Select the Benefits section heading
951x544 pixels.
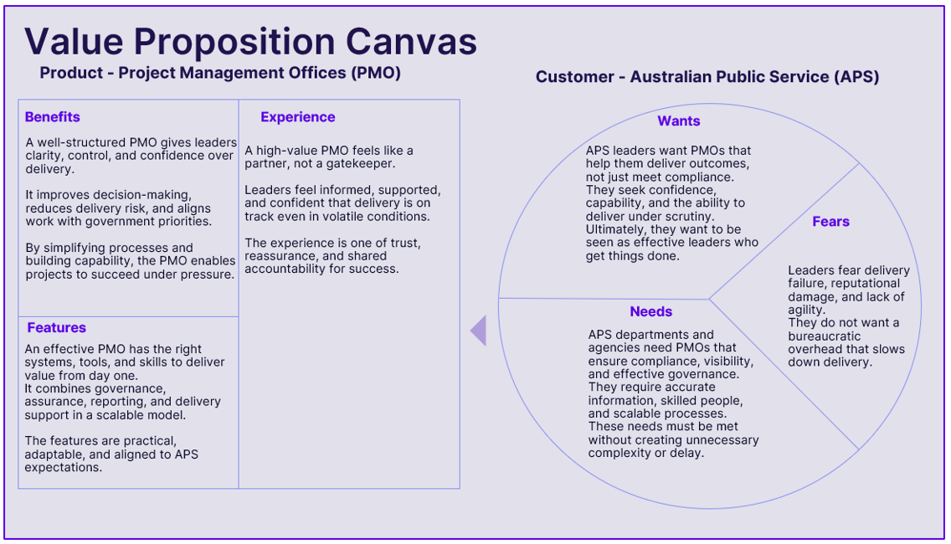tap(52, 117)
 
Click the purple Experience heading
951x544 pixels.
tap(297, 117)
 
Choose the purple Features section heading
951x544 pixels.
tap(56, 328)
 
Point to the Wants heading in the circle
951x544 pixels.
tap(678, 121)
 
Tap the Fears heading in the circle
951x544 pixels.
tap(830, 222)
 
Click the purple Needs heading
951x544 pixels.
tap(650, 312)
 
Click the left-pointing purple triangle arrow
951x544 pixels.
tap(478, 331)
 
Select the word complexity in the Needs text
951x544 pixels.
tap(620, 454)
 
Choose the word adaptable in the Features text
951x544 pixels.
tap(54, 454)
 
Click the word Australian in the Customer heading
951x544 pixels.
tap(671, 77)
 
